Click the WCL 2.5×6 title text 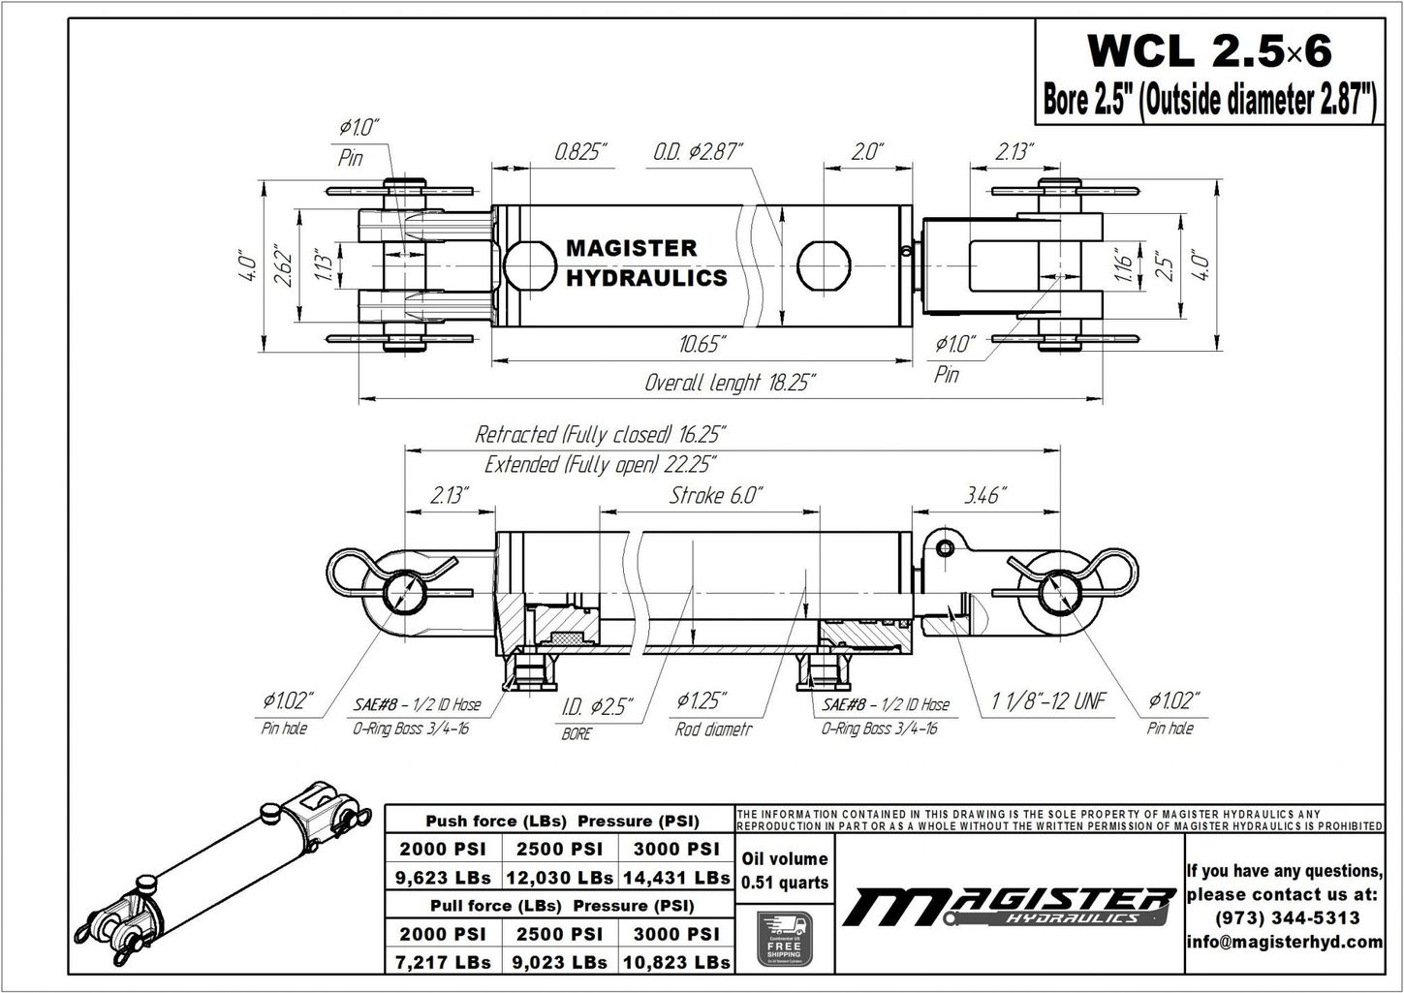coord(1208,49)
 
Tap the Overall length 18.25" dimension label coord(730,383)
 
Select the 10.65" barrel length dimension coord(702,345)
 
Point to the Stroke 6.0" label coord(716,495)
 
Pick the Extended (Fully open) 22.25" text coord(600,464)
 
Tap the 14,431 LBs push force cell coord(675,878)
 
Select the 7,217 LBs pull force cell coord(443,962)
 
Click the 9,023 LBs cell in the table coord(559,962)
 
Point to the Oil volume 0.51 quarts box coord(784,870)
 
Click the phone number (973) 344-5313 coord(1284,917)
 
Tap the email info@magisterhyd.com coord(1284,942)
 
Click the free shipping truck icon coord(784,937)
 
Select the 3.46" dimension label coord(983,495)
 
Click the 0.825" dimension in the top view coord(580,152)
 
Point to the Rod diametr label coord(713,729)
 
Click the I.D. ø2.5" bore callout coord(597,706)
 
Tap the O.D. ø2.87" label coord(697,152)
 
